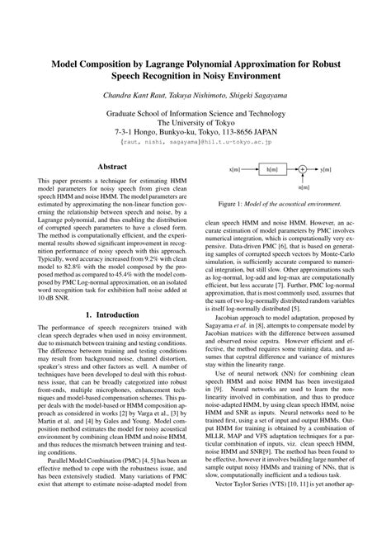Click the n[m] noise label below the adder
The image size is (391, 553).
coord(304,187)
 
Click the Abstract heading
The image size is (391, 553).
coord(112,166)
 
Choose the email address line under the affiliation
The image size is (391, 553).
coord(195,141)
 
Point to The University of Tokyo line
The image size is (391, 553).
coord(195,120)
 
